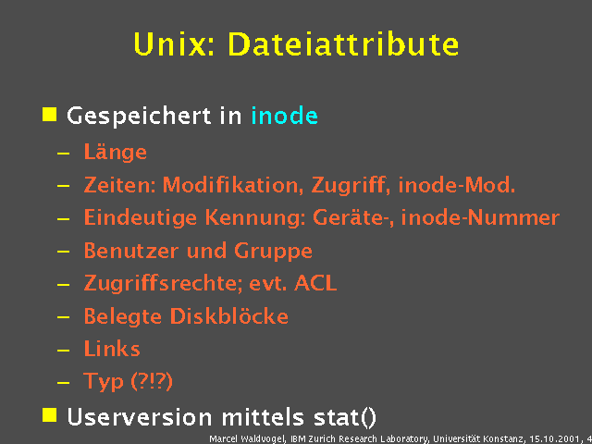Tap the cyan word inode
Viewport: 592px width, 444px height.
pyautogui.click(x=284, y=117)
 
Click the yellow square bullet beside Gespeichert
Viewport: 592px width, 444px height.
pyautogui.click(x=50, y=115)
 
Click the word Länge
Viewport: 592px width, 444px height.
pyautogui.click(x=115, y=153)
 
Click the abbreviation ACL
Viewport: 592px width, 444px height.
pyautogui.click(x=315, y=283)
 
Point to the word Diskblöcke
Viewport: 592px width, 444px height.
pyautogui.click(x=228, y=316)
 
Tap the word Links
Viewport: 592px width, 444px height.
pyautogui.click(x=112, y=349)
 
